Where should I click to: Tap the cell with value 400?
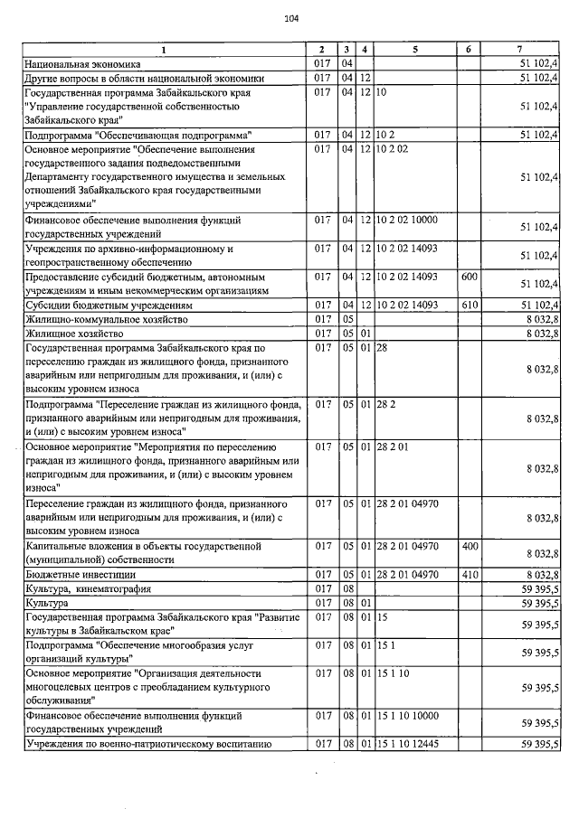pyautogui.click(x=469, y=546)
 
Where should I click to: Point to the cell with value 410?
pyautogui.click(x=469, y=574)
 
